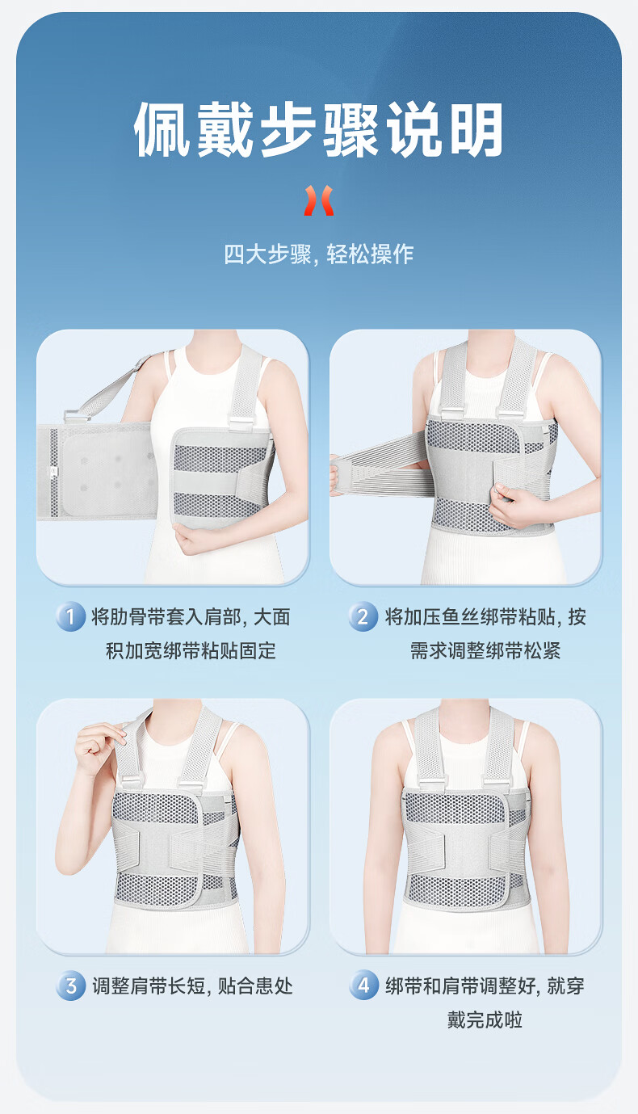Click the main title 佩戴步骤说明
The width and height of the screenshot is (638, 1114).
click(318, 129)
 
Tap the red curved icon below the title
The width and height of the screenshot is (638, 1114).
click(319, 200)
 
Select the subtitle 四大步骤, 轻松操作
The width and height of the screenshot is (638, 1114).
click(318, 254)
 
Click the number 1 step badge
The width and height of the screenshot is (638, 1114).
click(70, 616)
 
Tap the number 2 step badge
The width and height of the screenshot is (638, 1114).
click(363, 616)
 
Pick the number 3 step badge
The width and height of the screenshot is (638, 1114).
click(70, 986)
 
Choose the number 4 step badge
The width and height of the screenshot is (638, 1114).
click(364, 985)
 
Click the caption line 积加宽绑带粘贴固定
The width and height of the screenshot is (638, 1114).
click(191, 650)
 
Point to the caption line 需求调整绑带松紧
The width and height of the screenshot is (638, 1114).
click(485, 650)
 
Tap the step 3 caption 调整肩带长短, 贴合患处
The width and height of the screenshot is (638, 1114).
click(192, 986)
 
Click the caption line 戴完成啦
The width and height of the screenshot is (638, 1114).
click(485, 1019)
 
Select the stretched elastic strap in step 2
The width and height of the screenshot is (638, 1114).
click(380, 465)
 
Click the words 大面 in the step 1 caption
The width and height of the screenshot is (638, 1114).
click(272, 616)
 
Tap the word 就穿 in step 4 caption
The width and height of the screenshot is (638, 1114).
click(566, 986)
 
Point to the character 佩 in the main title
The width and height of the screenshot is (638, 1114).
click(162, 129)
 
